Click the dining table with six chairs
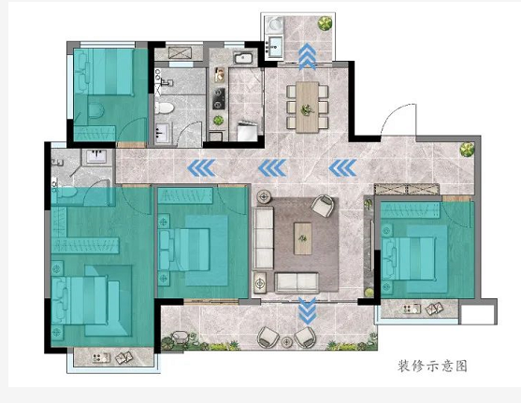pyautogui.click(x=308, y=107)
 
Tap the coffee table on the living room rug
pyautogui.click(x=303, y=238)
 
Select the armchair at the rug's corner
pyautogui.click(x=323, y=206)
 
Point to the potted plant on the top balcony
pyautogui.click(x=325, y=23)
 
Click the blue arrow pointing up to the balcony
pyautogui.click(x=307, y=56)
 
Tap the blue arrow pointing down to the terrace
pyautogui.click(x=308, y=310)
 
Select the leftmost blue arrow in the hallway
pyautogui.click(x=201, y=167)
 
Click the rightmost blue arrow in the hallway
pyautogui.click(x=343, y=167)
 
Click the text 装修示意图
pyautogui.click(x=432, y=366)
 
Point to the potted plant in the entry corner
pyautogui.click(x=467, y=150)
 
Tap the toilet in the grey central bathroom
pyautogui.click(x=164, y=108)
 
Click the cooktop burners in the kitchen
pyautogui.click(x=218, y=99)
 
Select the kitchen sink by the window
pyautogui.click(x=244, y=58)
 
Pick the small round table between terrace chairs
pyautogui.click(x=286, y=342)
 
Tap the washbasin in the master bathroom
pyautogui.click(x=96, y=156)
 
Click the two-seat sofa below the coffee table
pyautogui.click(x=297, y=282)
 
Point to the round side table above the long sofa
pyautogui.click(x=264, y=197)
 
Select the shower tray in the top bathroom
pyautogui.click(x=179, y=52)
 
